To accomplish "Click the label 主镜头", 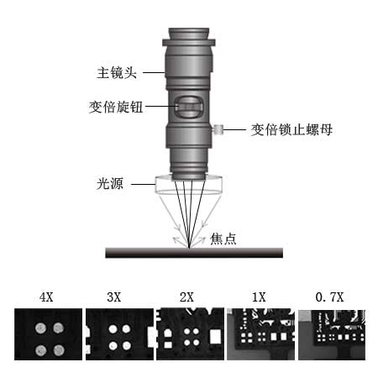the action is [x=117, y=73].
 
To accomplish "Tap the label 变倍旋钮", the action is [x=116, y=107].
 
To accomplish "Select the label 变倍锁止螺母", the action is [x=291, y=129].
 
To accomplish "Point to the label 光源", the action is [x=110, y=184].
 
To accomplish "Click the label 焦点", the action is [x=223, y=239].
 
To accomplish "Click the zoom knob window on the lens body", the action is [x=188, y=107].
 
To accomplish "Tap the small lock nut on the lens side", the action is [x=218, y=129].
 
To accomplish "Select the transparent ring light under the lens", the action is [x=189, y=184].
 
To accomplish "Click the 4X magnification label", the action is [x=46, y=297].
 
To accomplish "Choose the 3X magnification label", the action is [x=114, y=297].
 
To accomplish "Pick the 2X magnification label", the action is [x=186, y=297].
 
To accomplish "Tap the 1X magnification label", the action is [x=259, y=297].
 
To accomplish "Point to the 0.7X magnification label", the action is [x=329, y=297].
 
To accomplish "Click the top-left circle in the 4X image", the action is [x=40, y=328].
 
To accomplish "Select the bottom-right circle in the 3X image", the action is [x=127, y=346].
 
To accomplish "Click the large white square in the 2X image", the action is [x=215, y=336].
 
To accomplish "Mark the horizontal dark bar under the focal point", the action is [x=194, y=253].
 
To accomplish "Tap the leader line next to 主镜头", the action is [x=154, y=73].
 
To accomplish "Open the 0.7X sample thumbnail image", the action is [x=332, y=334].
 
